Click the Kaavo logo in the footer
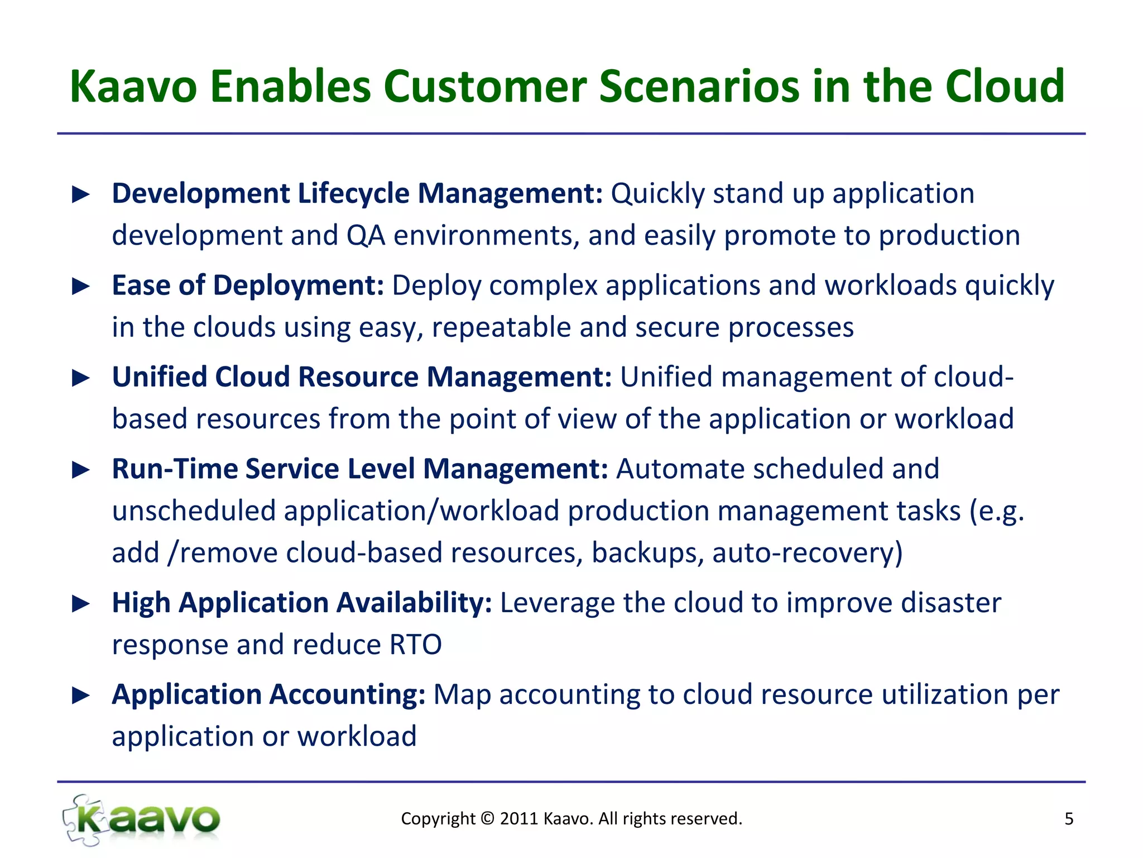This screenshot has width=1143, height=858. (142, 819)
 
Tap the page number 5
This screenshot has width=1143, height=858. (1069, 819)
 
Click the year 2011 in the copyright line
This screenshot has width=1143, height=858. (518, 818)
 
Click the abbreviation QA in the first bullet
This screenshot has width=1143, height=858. (366, 235)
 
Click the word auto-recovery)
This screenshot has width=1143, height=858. (807, 553)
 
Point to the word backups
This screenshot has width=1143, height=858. (647, 553)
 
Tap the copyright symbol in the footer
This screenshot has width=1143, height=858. (488, 818)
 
